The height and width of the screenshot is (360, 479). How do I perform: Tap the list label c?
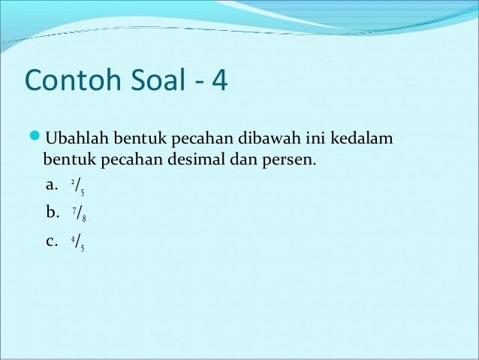(x=52, y=242)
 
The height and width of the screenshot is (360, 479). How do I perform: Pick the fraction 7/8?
(x=79, y=215)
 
